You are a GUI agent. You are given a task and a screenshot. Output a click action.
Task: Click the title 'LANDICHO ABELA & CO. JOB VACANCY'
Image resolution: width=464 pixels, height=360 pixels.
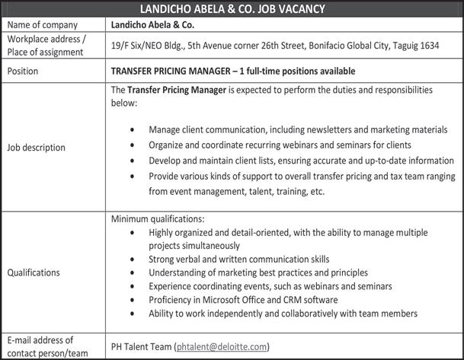pyautogui.click(x=232, y=9)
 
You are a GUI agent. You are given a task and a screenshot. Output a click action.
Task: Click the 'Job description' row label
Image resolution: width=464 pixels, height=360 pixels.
pyautogui.click(x=36, y=147)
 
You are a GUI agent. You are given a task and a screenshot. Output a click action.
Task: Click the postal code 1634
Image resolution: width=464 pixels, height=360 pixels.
pyautogui.click(x=428, y=46)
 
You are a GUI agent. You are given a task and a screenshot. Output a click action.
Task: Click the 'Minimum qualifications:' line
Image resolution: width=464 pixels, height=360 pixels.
pyautogui.click(x=157, y=219)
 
